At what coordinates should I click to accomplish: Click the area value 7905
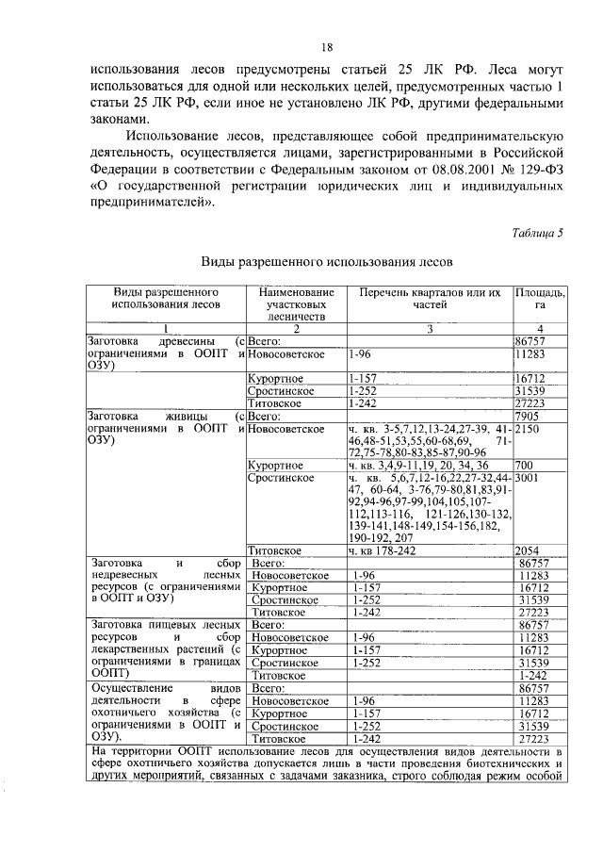click(x=528, y=416)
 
